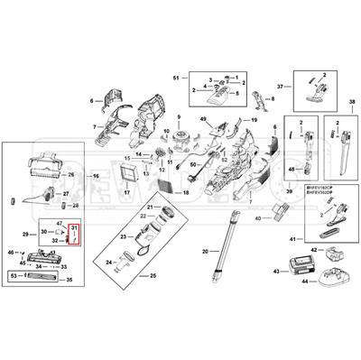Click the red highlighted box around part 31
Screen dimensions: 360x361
[76, 235]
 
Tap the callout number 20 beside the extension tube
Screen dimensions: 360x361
[205, 250]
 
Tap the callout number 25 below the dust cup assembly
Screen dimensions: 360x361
[153, 274]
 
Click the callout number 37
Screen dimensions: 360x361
[281, 88]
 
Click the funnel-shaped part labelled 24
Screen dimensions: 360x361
[128, 264]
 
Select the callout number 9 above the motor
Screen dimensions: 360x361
[179, 119]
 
